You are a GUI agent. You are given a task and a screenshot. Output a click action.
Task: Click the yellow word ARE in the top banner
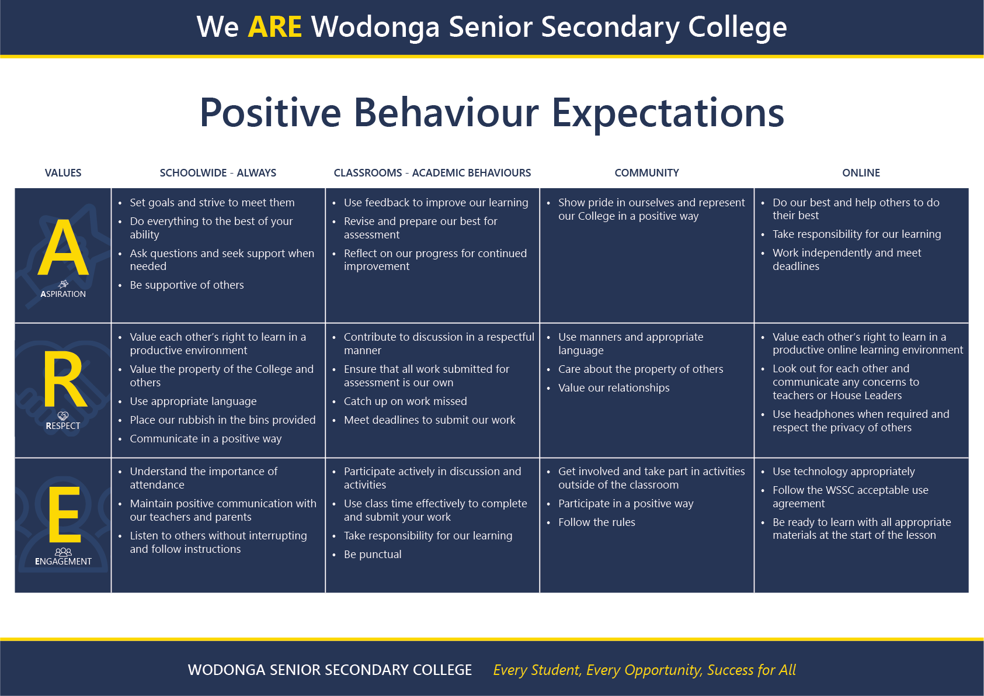click(x=275, y=27)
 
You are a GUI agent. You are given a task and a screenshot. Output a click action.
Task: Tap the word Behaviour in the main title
click(x=446, y=113)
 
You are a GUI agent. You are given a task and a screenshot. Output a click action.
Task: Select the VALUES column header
click(x=63, y=173)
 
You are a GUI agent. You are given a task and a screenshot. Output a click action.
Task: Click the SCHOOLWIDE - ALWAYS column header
click(x=218, y=173)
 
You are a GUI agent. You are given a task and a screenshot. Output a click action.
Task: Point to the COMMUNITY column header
click(x=646, y=173)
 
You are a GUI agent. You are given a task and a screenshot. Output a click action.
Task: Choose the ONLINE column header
click(x=861, y=173)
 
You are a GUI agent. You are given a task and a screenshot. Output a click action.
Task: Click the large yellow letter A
click(x=63, y=248)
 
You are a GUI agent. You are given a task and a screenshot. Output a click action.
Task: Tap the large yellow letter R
click(x=65, y=379)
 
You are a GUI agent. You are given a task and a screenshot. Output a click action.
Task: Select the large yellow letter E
click(x=65, y=514)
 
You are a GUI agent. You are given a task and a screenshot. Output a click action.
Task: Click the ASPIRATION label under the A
click(x=63, y=294)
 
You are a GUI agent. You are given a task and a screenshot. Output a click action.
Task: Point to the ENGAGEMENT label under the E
click(x=63, y=562)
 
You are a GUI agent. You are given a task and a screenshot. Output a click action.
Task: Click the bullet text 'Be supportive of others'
click(x=187, y=285)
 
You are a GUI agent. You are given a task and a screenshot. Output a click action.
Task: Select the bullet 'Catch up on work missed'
click(x=405, y=401)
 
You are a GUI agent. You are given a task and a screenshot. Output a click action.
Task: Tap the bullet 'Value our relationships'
click(x=614, y=388)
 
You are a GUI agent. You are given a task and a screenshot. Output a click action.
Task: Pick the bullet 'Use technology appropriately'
click(x=843, y=472)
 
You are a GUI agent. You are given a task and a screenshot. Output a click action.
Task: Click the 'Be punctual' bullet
click(x=373, y=555)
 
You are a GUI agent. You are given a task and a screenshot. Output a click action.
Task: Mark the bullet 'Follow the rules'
click(x=597, y=522)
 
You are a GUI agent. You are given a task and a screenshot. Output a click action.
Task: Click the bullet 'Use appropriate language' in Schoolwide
click(x=193, y=401)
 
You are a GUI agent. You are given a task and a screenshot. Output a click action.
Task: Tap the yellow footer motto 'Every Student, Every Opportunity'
click(x=598, y=670)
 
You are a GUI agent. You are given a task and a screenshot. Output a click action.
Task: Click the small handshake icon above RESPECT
click(x=63, y=415)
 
